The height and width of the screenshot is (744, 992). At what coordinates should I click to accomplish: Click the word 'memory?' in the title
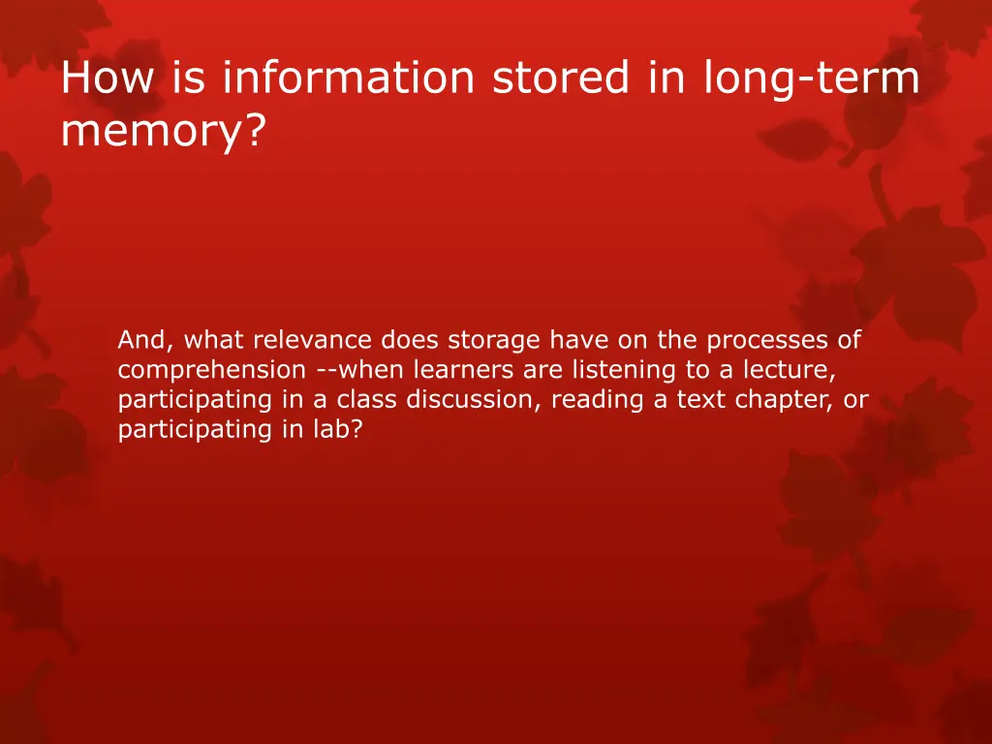coord(162,133)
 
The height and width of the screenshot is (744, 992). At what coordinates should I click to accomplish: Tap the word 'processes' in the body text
coord(759,340)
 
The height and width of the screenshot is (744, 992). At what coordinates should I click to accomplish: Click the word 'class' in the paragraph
coord(367,399)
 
